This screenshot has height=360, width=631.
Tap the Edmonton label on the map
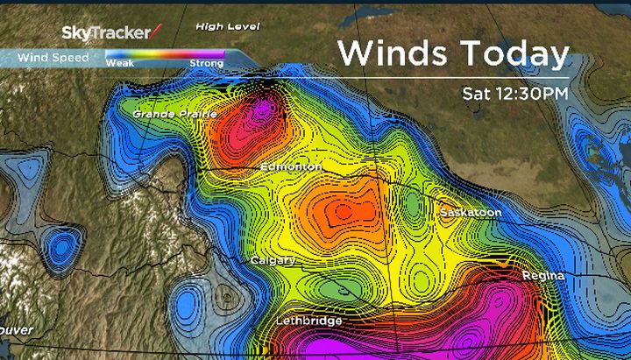point(291,166)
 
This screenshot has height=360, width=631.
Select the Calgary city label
point(273,261)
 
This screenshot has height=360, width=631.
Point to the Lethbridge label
point(308,321)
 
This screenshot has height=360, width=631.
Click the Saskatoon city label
point(471,213)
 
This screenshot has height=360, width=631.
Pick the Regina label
point(542,276)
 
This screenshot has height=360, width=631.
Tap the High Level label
point(228,27)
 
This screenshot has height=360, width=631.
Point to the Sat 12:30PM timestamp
point(516,92)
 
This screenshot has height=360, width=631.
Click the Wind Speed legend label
point(53,58)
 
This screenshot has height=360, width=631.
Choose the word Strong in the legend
point(206,64)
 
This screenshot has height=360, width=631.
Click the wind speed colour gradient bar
point(165,54)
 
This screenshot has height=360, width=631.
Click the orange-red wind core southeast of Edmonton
point(342,211)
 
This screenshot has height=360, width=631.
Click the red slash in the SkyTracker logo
point(156,32)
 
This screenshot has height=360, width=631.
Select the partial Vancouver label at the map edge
point(16,330)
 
